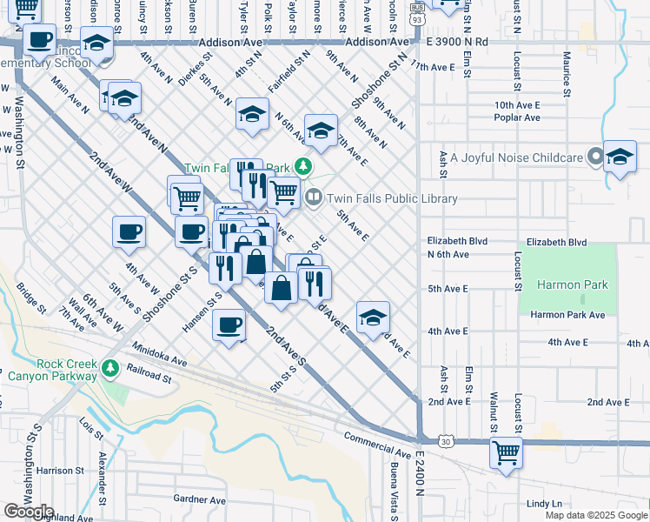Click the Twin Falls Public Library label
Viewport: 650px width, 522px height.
point(391,198)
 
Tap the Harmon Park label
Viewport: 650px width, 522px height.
point(572,284)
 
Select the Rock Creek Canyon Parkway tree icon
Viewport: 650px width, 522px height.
point(110,369)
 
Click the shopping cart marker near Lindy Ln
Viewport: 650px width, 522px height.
point(506,452)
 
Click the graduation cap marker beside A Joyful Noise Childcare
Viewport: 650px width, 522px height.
point(620,157)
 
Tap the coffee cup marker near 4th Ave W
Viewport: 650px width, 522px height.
point(129,231)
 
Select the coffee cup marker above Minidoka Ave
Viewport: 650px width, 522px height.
point(229,325)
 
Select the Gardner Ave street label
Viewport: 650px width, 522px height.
point(199,499)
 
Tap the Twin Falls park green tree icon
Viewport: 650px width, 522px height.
point(302,166)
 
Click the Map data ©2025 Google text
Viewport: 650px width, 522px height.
point(596,515)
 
